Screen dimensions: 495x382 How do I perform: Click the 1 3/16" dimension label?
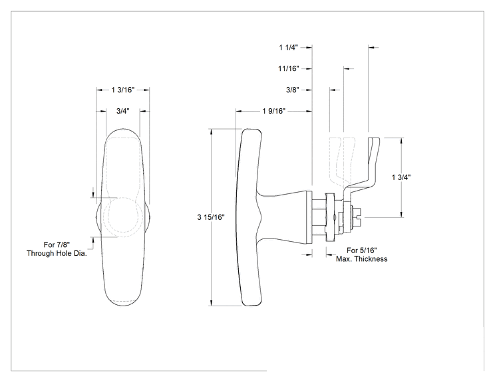pos(123,90)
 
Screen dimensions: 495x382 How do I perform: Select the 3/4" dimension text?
pos(123,111)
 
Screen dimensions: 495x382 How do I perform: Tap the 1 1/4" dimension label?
pos(289,47)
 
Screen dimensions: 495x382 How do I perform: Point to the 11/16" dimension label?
pos(289,68)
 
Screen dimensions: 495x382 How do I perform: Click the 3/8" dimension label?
pos(292,90)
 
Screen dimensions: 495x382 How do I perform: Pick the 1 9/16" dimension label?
pos(273,111)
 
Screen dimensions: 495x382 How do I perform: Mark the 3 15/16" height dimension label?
pos(211,217)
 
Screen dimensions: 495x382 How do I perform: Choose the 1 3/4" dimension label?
pos(401,177)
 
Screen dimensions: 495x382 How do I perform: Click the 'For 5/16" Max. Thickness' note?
pos(361,254)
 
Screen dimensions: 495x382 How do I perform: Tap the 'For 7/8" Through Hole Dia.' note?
pos(57,249)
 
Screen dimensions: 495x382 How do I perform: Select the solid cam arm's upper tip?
pos(374,139)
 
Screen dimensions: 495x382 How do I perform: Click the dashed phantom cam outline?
pos(341,161)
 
